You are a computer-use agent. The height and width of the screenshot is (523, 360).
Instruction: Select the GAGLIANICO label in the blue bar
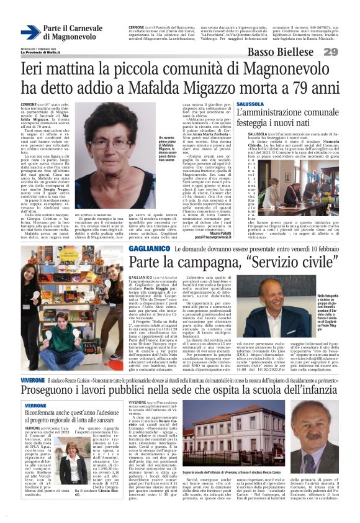[148, 248]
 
